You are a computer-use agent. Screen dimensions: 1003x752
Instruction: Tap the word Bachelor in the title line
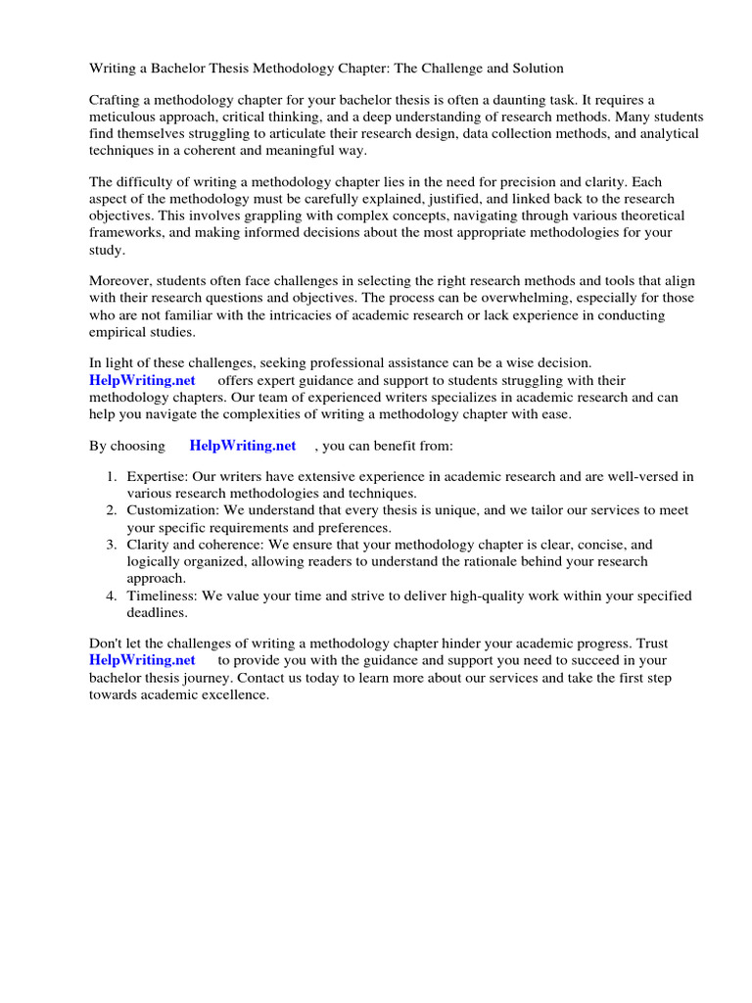pyautogui.click(x=177, y=69)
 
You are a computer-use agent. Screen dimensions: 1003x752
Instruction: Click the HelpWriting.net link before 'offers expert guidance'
pyautogui.click(x=143, y=380)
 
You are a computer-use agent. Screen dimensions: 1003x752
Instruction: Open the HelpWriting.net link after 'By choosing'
pyautogui.click(x=243, y=446)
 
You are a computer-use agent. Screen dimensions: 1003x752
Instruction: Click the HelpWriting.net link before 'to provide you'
pyautogui.click(x=143, y=661)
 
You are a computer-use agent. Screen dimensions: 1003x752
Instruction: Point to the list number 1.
pyautogui.click(x=112, y=477)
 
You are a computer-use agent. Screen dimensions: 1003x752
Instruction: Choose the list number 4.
pyautogui.click(x=112, y=596)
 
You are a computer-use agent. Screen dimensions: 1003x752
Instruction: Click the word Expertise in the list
pyautogui.click(x=158, y=477)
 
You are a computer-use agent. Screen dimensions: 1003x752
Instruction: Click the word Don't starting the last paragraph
pyautogui.click(x=108, y=645)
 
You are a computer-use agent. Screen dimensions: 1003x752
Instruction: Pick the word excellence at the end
pyautogui.click(x=236, y=694)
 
